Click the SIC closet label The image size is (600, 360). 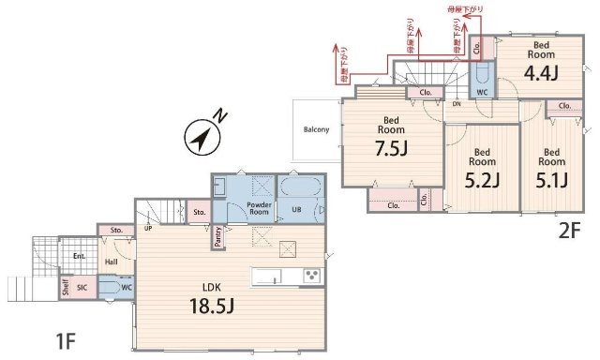click(82, 288)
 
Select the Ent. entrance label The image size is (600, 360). click(79, 255)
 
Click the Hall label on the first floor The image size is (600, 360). click(111, 262)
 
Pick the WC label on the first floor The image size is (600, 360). click(127, 288)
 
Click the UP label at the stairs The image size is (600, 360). click(148, 228)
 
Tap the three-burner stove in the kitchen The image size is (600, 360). click(311, 275)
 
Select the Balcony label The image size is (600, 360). click(316, 129)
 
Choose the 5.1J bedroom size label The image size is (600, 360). click(551, 179)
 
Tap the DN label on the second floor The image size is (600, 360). click(457, 105)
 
